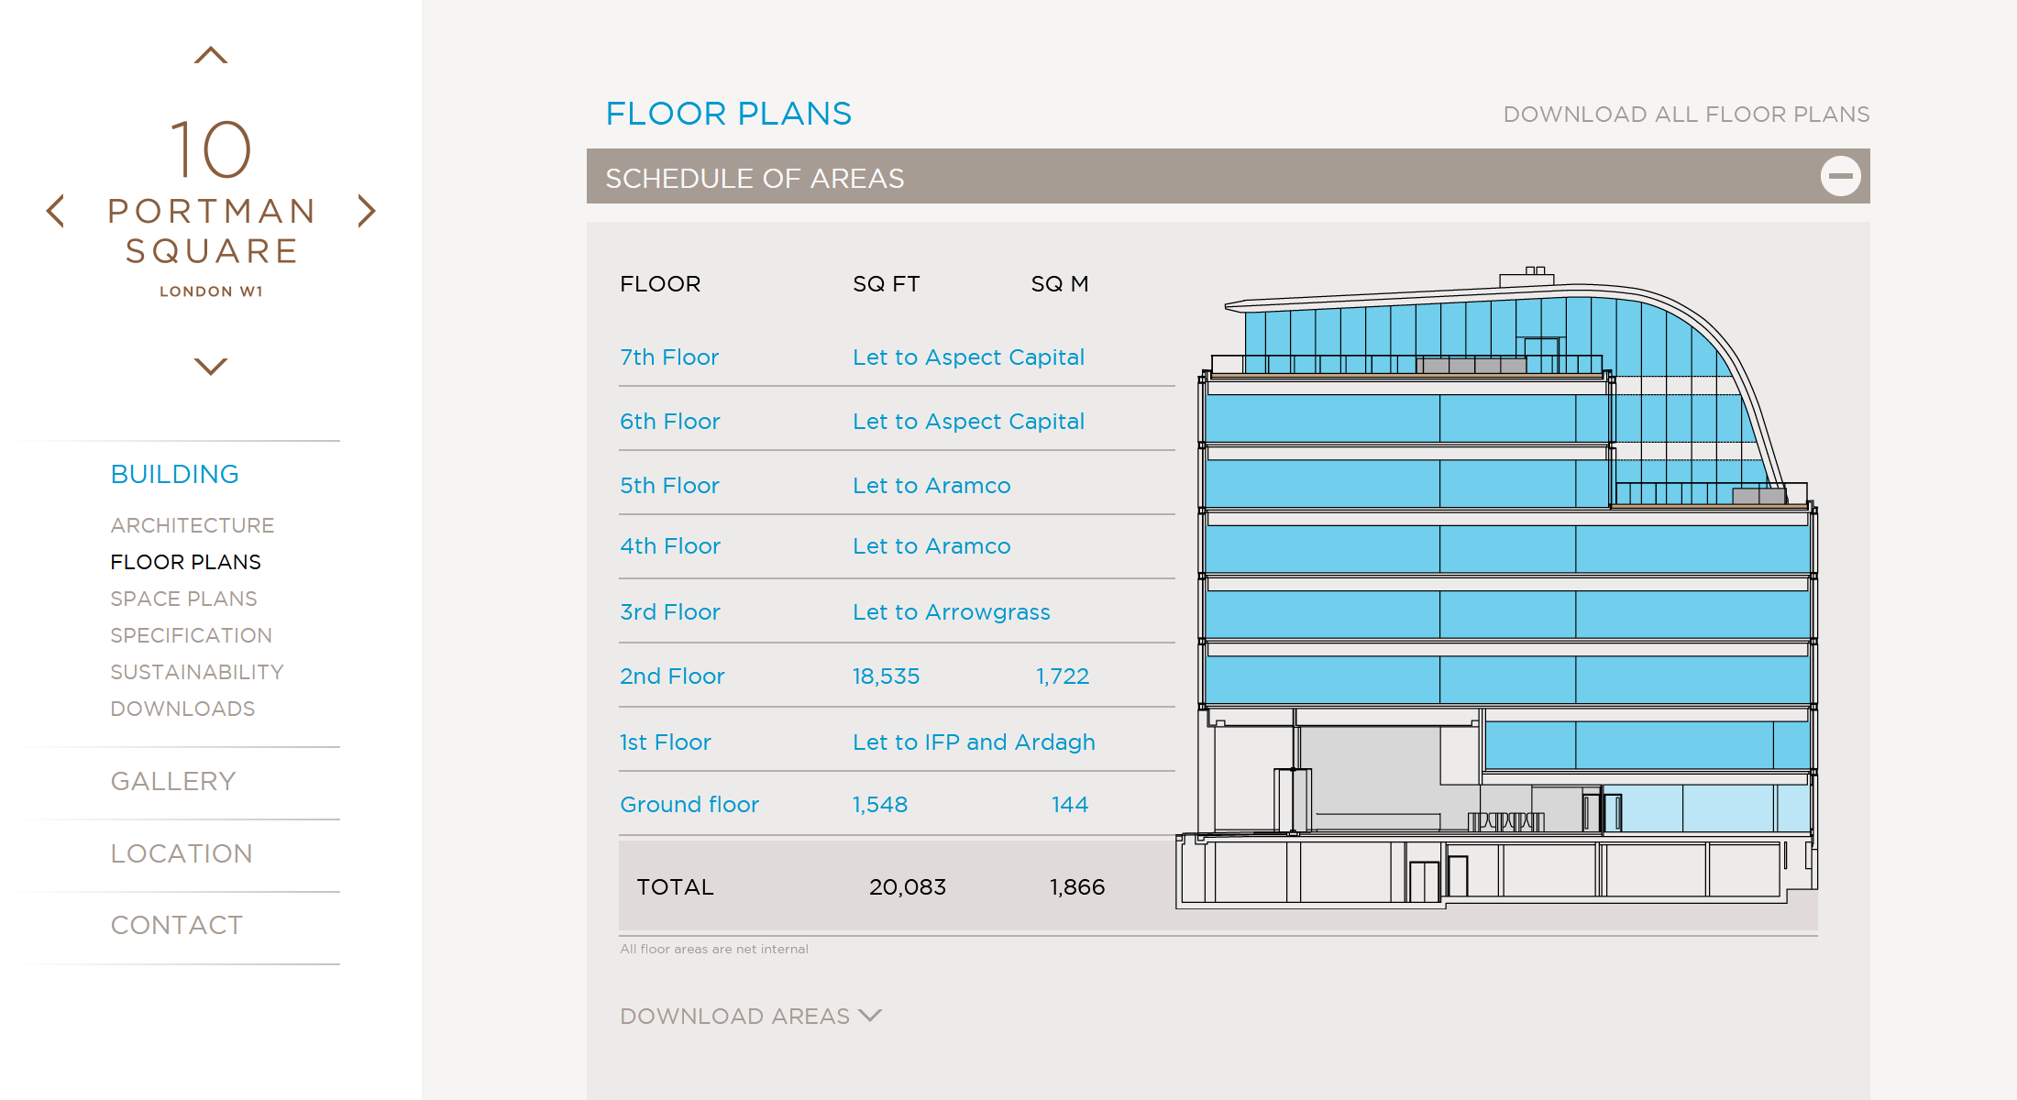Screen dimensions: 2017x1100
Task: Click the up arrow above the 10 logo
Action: (211, 56)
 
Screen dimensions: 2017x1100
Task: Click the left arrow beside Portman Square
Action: (56, 211)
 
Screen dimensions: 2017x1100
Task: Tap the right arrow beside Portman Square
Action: (367, 211)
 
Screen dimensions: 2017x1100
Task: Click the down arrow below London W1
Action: (211, 367)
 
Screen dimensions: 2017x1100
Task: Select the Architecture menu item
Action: (193, 525)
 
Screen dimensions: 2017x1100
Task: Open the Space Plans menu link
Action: (183, 599)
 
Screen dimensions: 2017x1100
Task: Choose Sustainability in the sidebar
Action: (197, 672)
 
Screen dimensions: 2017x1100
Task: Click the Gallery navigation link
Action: (173, 781)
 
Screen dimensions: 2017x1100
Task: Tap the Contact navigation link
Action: (177, 925)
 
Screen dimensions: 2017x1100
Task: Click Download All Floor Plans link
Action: (1686, 115)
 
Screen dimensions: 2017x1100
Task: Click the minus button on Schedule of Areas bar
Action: (1840, 176)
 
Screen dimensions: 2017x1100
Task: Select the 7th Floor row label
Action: (669, 357)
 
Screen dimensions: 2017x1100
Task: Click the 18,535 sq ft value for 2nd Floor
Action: (886, 676)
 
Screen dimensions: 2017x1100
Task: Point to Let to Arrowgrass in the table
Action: (951, 612)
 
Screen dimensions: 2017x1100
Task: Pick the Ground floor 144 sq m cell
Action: (1069, 805)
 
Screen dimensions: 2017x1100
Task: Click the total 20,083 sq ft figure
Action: (908, 887)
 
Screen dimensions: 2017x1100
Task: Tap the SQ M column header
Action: (1060, 284)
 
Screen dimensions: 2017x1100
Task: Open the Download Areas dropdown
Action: (750, 1016)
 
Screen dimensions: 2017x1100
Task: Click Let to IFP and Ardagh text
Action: (974, 742)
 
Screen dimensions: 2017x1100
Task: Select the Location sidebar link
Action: (182, 853)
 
